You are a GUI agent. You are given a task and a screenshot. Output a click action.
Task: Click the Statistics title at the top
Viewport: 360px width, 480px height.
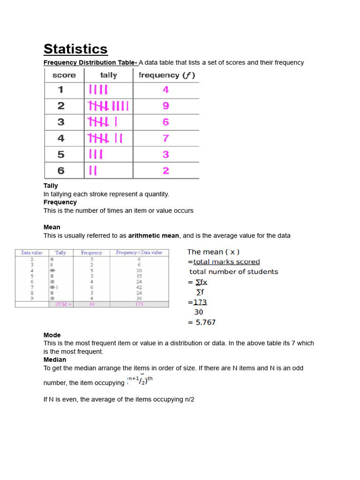click(x=75, y=49)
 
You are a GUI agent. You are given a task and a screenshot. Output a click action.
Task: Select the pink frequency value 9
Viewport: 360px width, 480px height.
click(x=166, y=106)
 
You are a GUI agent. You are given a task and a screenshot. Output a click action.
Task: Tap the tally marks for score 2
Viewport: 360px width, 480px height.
click(x=108, y=106)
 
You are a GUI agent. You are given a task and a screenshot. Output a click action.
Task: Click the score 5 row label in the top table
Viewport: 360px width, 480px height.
click(x=61, y=155)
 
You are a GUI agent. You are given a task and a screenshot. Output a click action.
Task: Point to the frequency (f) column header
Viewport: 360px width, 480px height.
click(x=166, y=75)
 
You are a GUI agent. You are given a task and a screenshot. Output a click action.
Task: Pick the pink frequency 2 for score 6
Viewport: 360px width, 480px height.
click(x=166, y=171)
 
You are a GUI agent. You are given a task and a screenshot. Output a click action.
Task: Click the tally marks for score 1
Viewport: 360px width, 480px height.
click(x=98, y=90)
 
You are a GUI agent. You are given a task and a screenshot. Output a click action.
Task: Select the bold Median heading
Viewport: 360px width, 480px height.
click(x=55, y=360)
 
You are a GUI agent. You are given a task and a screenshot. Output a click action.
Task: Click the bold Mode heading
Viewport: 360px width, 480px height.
click(x=52, y=335)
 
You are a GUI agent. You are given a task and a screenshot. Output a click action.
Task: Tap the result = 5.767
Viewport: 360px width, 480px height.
click(x=202, y=322)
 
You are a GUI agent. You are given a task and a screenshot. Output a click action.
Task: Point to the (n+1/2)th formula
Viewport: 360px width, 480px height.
click(x=140, y=381)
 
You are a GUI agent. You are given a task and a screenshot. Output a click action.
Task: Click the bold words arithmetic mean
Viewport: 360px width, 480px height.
click(x=153, y=236)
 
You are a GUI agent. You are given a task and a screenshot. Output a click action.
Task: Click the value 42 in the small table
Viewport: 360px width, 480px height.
click(x=139, y=287)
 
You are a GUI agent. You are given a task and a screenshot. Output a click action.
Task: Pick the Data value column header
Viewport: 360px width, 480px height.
click(x=32, y=253)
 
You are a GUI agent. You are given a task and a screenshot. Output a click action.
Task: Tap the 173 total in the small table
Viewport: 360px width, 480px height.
click(x=139, y=304)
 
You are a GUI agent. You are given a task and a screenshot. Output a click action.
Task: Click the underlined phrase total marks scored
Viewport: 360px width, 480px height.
click(x=226, y=262)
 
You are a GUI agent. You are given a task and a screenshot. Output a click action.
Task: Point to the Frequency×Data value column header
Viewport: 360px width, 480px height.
click(x=139, y=253)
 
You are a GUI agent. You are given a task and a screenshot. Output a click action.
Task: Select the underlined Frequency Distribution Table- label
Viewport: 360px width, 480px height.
click(x=90, y=62)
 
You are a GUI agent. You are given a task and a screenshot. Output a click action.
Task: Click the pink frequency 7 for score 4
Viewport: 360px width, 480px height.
click(x=166, y=138)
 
